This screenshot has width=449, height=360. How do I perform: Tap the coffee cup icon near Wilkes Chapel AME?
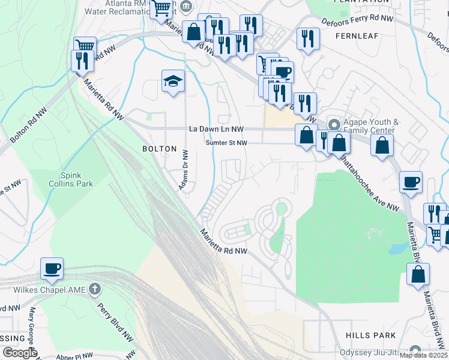point(52,269)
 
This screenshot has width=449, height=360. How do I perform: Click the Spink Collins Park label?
point(71,179)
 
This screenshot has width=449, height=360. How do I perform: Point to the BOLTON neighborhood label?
point(159,149)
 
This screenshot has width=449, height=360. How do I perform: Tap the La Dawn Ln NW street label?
point(216,129)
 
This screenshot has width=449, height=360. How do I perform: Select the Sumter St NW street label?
point(226,143)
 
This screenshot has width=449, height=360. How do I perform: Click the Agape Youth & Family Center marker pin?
point(334,125)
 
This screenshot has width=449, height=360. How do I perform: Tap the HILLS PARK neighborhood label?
point(371,335)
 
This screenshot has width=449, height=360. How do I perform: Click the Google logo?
point(19,353)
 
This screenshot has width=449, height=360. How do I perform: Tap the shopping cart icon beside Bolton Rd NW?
point(85,46)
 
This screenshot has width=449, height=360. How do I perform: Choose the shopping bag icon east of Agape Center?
point(382,145)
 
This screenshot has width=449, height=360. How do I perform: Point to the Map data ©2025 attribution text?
point(423,355)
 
